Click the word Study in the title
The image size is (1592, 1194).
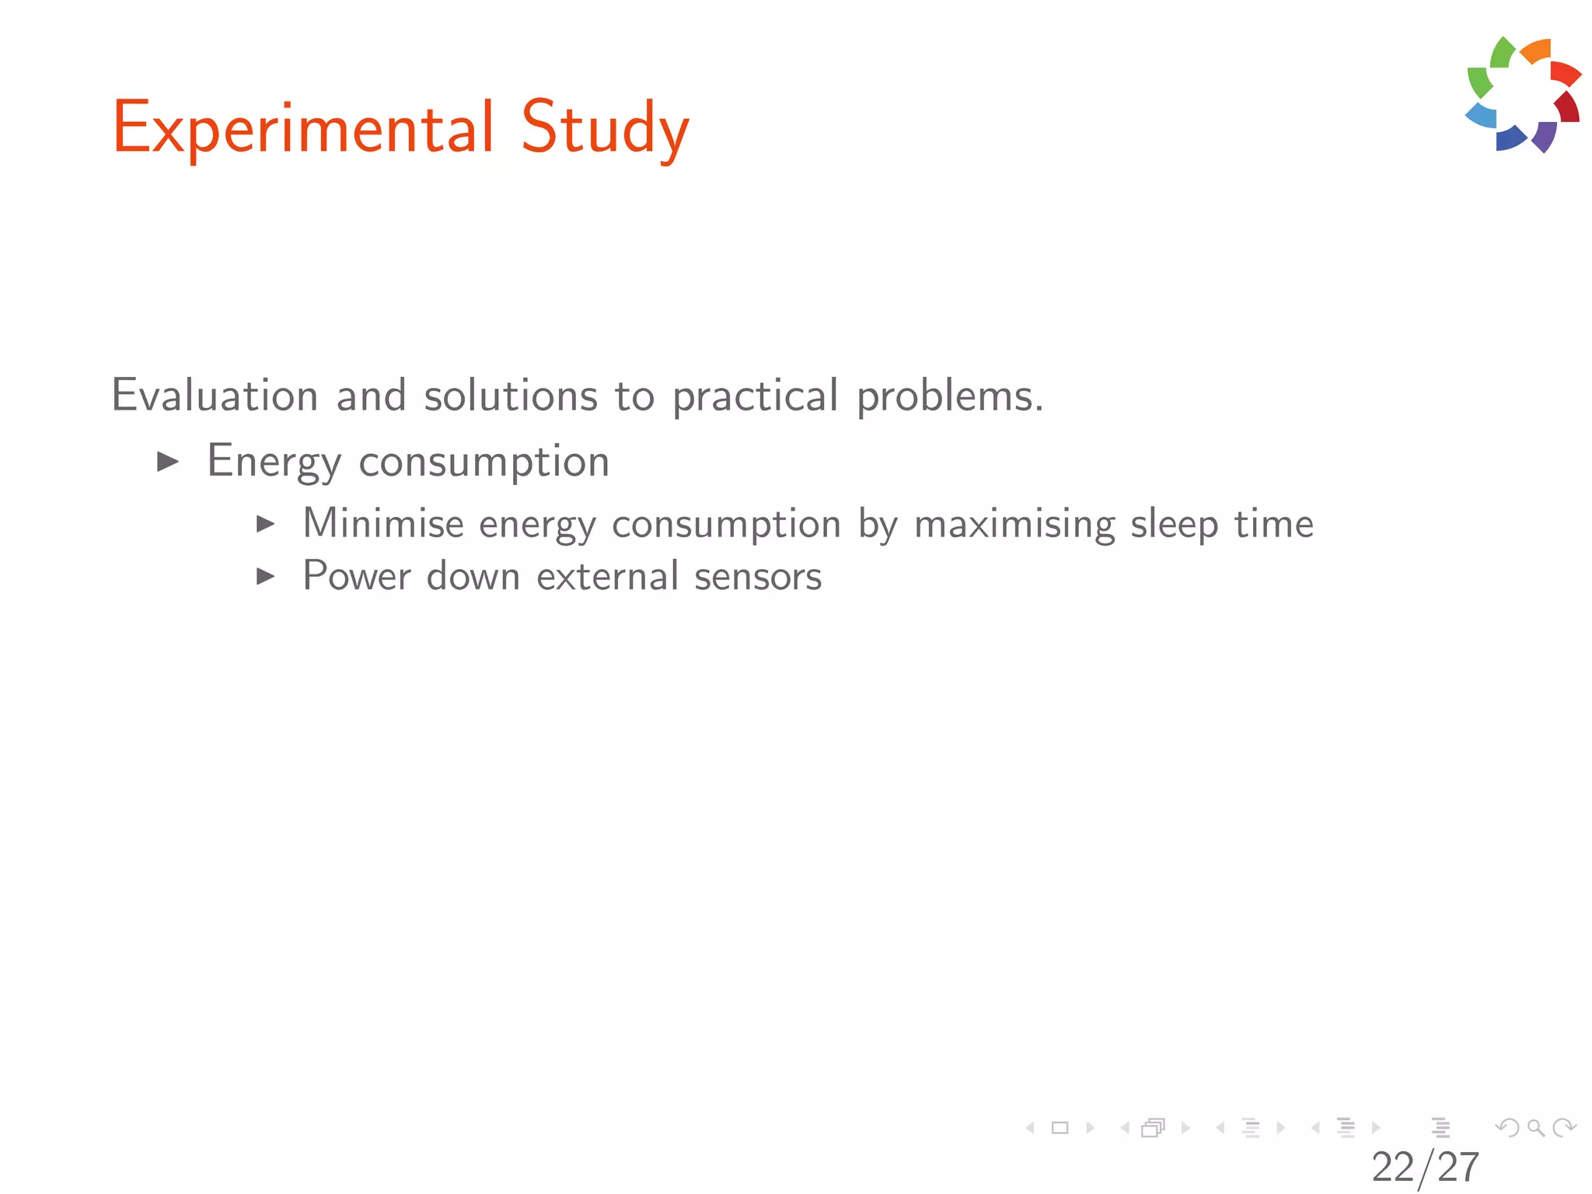(x=605, y=128)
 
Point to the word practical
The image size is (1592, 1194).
(x=755, y=396)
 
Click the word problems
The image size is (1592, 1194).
(x=949, y=396)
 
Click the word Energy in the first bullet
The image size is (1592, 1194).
(x=274, y=461)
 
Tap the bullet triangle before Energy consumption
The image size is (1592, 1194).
(x=168, y=462)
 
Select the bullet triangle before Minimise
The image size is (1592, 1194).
(x=266, y=524)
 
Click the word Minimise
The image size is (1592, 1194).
(x=383, y=522)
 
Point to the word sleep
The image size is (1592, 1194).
(x=1174, y=524)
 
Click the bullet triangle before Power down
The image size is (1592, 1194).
(x=266, y=577)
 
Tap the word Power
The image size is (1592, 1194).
(x=357, y=576)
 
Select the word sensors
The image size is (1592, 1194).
(x=758, y=577)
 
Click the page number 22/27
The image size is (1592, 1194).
(x=1425, y=1167)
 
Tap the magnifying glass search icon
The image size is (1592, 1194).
(x=1535, y=1127)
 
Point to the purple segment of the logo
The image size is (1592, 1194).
(x=1545, y=135)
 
